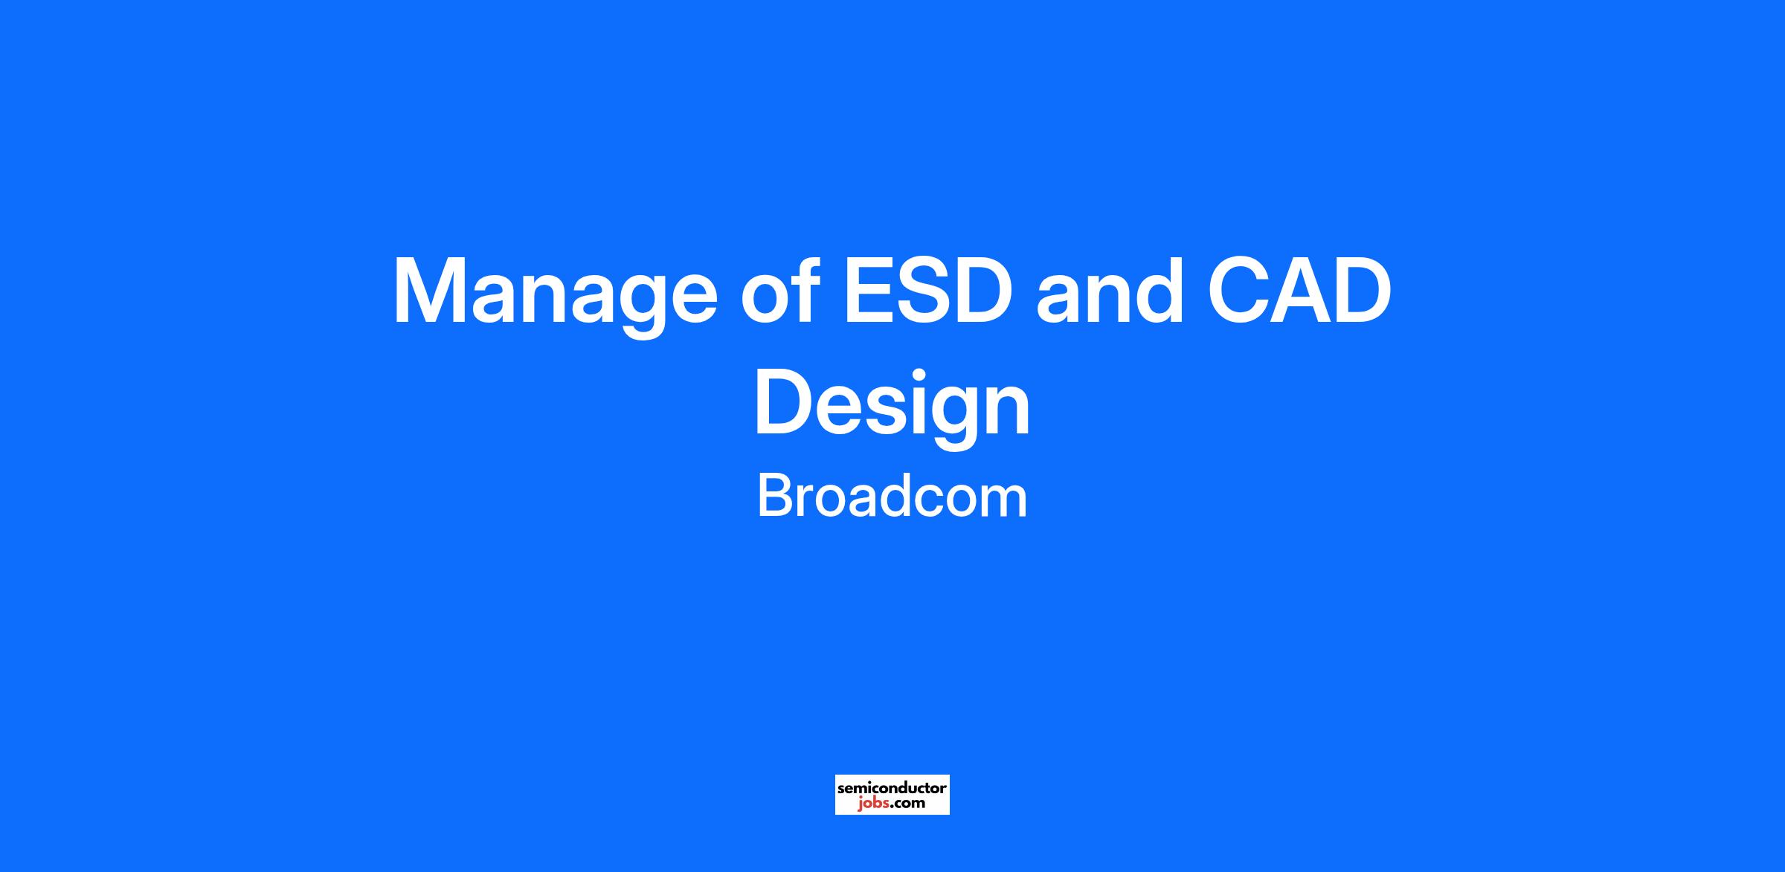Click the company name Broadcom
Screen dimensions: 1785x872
click(892, 497)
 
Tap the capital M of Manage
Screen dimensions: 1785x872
click(432, 291)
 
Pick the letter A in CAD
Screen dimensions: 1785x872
click(1296, 291)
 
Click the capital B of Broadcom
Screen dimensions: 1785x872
click(774, 497)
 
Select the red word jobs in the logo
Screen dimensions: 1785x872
click(872, 804)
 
